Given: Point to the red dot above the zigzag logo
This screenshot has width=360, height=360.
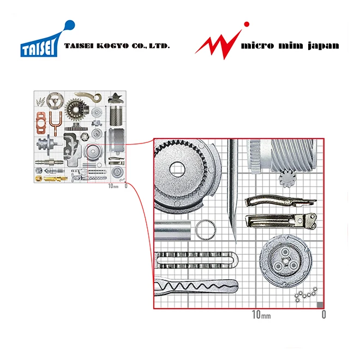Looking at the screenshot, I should tap(247, 24).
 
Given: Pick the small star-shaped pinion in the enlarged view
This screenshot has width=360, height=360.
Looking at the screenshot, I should tap(285, 179).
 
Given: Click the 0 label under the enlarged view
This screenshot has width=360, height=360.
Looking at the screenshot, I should tap(323, 315).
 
